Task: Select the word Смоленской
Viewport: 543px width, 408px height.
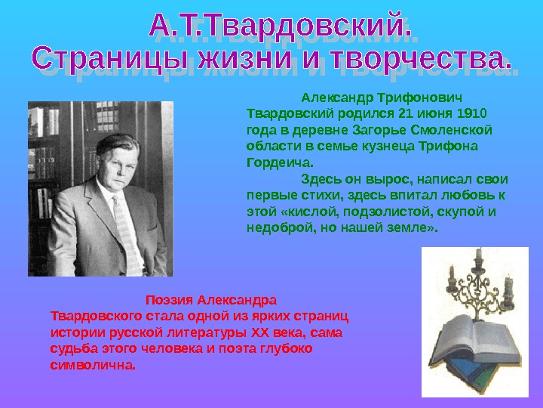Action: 460,130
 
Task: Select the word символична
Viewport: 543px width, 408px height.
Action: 93,366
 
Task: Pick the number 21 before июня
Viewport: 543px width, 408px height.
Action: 405,113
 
